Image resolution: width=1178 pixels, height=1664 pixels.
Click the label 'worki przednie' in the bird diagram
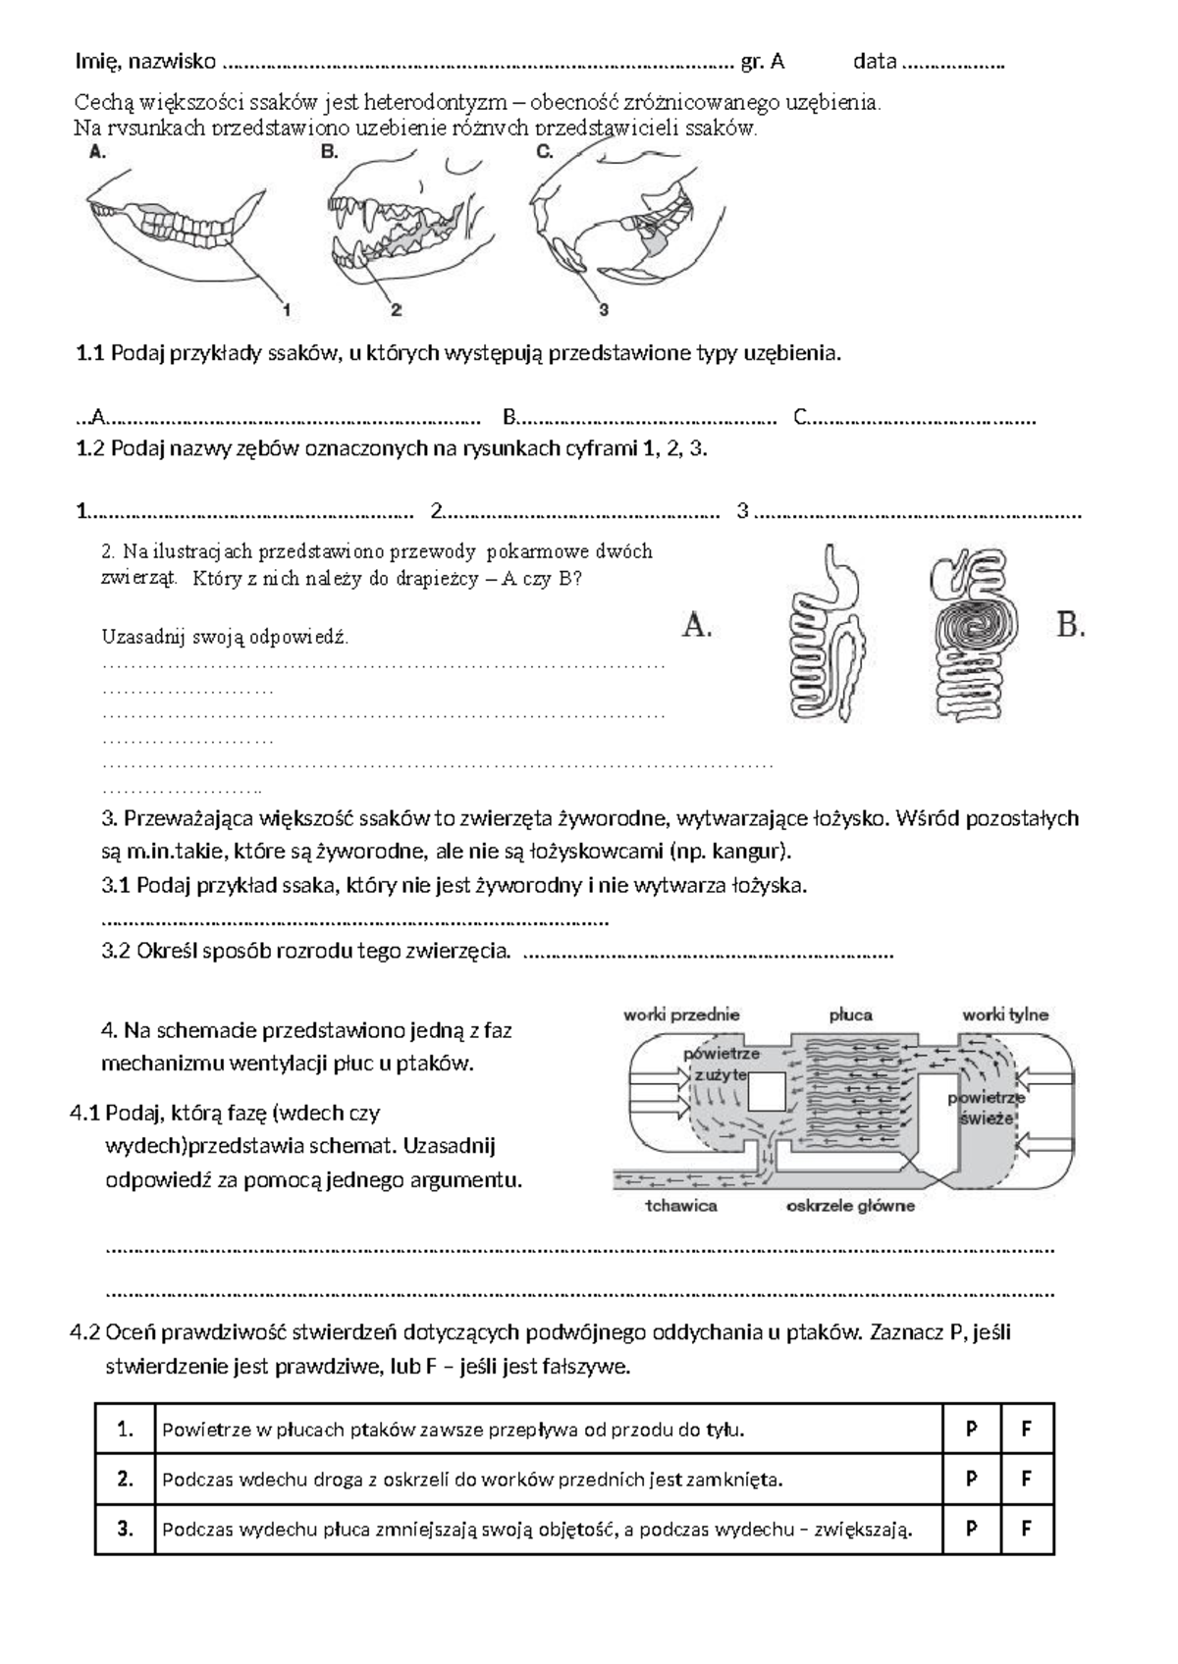(x=681, y=1014)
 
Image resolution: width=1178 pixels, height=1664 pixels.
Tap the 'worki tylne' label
(x=1005, y=1014)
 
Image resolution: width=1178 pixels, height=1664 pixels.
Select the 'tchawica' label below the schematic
(x=681, y=1206)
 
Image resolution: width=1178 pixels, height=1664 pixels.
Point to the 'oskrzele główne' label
(x=850, y=1206)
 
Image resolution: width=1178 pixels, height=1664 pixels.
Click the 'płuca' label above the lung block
(x=850, y=1014)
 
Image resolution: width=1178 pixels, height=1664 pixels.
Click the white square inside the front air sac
(x=767, y=1091)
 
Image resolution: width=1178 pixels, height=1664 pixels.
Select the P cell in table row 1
(x=971, y=1430)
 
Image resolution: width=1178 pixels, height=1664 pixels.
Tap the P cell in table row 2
(x=971, y=1480)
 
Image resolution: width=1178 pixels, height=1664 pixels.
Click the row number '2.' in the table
(x=125, y=1480)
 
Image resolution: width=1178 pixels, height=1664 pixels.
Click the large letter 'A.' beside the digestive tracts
(x=697, y=625)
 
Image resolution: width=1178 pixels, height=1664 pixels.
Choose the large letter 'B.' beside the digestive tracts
(x=1071, y=625)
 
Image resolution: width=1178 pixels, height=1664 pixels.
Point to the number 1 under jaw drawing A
(x=287, y=310)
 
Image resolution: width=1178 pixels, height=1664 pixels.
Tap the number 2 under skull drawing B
(x=397, y=310)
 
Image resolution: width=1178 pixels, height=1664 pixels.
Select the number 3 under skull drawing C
(x=604, y=310)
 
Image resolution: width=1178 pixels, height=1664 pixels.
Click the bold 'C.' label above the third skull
(x=546, y=152)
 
